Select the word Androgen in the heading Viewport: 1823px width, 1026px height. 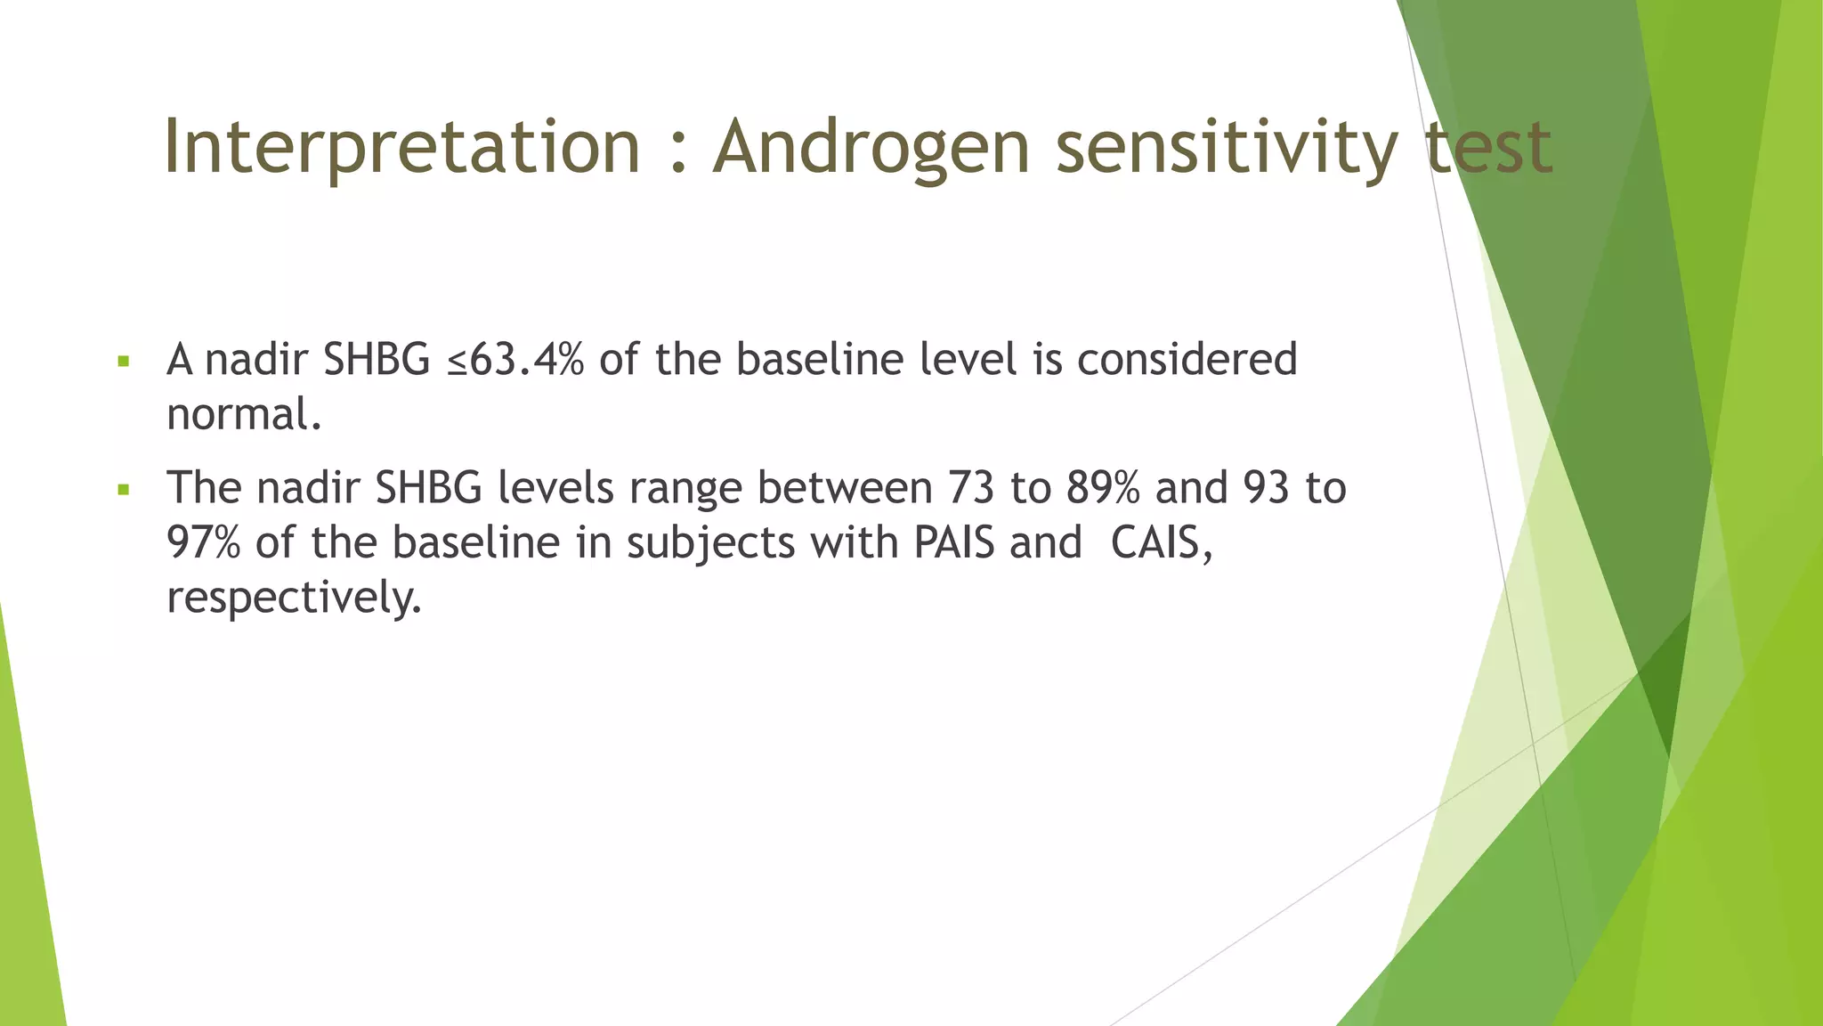(x=871, y=147)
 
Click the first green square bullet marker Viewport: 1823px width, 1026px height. (x=124, y=362)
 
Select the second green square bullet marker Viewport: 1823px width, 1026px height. (x=124, y=490)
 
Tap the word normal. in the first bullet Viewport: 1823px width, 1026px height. (x=244, y=415)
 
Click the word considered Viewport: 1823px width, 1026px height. (x=1187, y=360)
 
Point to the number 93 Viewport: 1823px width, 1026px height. (x=1267, y=488)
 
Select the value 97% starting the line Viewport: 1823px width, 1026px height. (x=203, y=542)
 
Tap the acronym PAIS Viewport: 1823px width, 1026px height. (x=953, y=542)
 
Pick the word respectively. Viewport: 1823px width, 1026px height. (x=294, y=598)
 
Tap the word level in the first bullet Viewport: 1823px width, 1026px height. (x=968, y=360)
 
